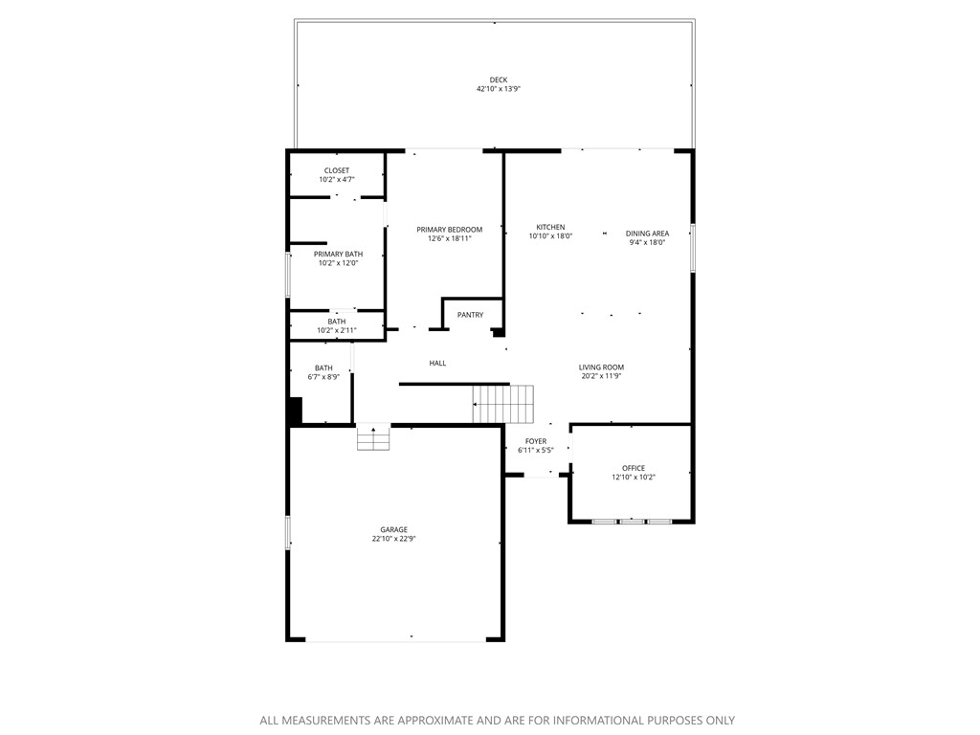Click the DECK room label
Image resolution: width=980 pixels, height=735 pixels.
coord(498,79)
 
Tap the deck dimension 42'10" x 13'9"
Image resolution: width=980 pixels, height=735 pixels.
coord(498,89)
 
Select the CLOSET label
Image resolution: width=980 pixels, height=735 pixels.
coord(337,170)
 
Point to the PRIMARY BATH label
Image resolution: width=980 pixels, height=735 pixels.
coord(337,254)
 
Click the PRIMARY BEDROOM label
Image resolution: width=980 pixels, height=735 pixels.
coord(449,230)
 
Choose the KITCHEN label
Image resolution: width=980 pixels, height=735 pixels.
coord(550,227)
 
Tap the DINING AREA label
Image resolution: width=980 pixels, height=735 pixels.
coord(647,234)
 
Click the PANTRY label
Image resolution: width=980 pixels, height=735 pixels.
coord(470,315)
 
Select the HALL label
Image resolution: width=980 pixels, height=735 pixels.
coord(437,363)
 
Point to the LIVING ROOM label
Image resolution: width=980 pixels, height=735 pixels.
coord(601,367)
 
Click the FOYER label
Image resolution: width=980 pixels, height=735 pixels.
coord(536,441)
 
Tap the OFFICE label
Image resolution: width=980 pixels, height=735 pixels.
coord(634,468)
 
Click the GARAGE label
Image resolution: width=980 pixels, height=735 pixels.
coord(393,529)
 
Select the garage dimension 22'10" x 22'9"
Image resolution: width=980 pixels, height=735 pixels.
coord(393,539)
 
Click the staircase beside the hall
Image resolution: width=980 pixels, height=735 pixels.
coord(503,404)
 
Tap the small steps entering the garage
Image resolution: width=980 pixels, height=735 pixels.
coord(373,437)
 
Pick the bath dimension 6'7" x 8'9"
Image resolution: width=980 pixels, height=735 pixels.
coord(323,377)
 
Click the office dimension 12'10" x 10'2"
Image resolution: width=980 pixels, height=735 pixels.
coord(634,478)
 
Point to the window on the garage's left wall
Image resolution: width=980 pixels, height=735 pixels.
coord(287,532)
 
